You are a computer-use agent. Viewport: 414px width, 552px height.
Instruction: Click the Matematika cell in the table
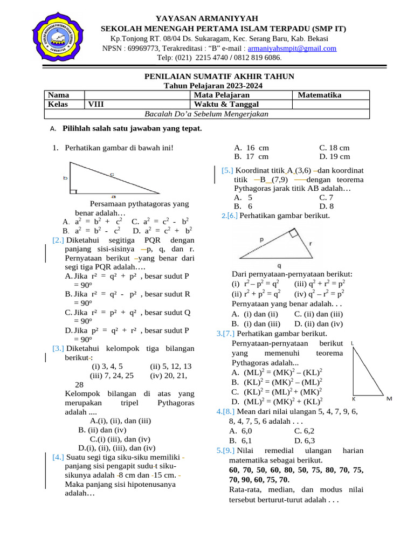pos(320,95)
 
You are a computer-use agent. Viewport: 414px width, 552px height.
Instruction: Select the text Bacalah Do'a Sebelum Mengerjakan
pos(206,114)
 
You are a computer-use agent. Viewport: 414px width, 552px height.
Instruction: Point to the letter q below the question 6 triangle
pos(279,265)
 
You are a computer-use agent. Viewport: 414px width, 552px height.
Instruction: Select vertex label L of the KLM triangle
pos(352,343)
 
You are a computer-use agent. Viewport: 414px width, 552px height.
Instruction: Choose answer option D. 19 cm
pos(334,157)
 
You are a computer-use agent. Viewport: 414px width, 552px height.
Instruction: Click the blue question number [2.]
pos(58,240)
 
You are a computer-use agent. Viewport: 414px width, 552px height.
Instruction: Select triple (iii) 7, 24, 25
pos(112,375)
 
